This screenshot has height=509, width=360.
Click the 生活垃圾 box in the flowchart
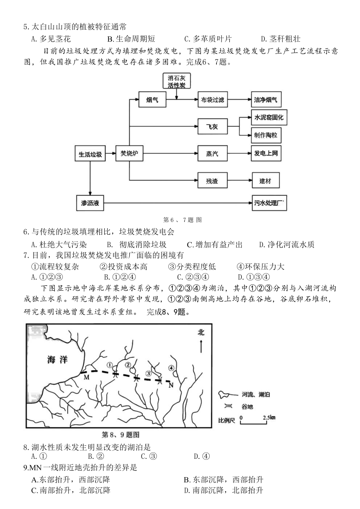coord(90,153)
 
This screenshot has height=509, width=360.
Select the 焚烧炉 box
coord(129,153)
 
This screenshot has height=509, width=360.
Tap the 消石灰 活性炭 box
coord(177,81)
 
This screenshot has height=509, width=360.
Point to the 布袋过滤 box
coord(212,100)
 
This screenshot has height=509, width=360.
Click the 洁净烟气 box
coord(266,100)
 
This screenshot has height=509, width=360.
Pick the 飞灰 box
coord(212,126)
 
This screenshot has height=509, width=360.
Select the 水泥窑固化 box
coord(269,117)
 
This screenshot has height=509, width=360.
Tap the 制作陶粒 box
coord(266,135)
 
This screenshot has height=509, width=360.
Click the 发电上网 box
coord(266,153)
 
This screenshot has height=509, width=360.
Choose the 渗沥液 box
coord(90,203)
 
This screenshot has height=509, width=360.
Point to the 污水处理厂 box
coord(269,203)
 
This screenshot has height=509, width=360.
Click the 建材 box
coord(266,180)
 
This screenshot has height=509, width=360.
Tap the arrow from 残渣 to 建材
coord(240,180)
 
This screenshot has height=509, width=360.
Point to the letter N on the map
coord(171,385)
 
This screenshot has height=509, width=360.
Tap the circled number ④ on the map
coord(171,368)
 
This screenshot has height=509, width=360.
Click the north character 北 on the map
coord(201,333)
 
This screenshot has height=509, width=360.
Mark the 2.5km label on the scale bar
coord(269,417)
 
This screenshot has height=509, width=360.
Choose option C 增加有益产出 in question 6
coord(214,245)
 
